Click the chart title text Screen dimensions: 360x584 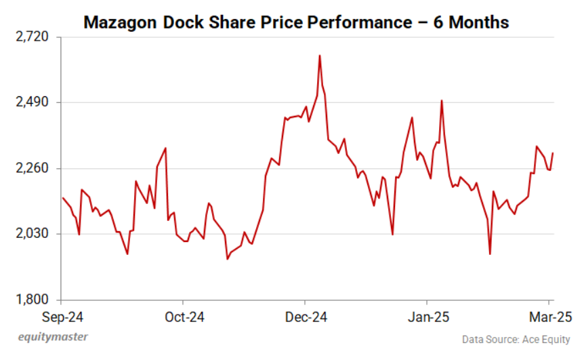[296, 22]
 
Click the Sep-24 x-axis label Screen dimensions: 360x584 [62, 317]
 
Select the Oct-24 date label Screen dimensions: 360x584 [183, 317]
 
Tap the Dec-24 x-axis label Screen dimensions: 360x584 [305, 317]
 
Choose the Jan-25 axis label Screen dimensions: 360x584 [427, 317]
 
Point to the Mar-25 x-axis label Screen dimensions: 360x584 [550, 317]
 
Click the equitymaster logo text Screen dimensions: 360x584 [52, 337]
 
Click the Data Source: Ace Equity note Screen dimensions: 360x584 [516, 339]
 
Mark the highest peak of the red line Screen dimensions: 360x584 [319, 56]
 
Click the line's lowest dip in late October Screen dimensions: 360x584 [228, 259]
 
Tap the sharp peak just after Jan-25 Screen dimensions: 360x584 [442, 100]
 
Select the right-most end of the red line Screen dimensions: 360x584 [554, 153]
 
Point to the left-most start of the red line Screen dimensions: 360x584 [62, 198]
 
